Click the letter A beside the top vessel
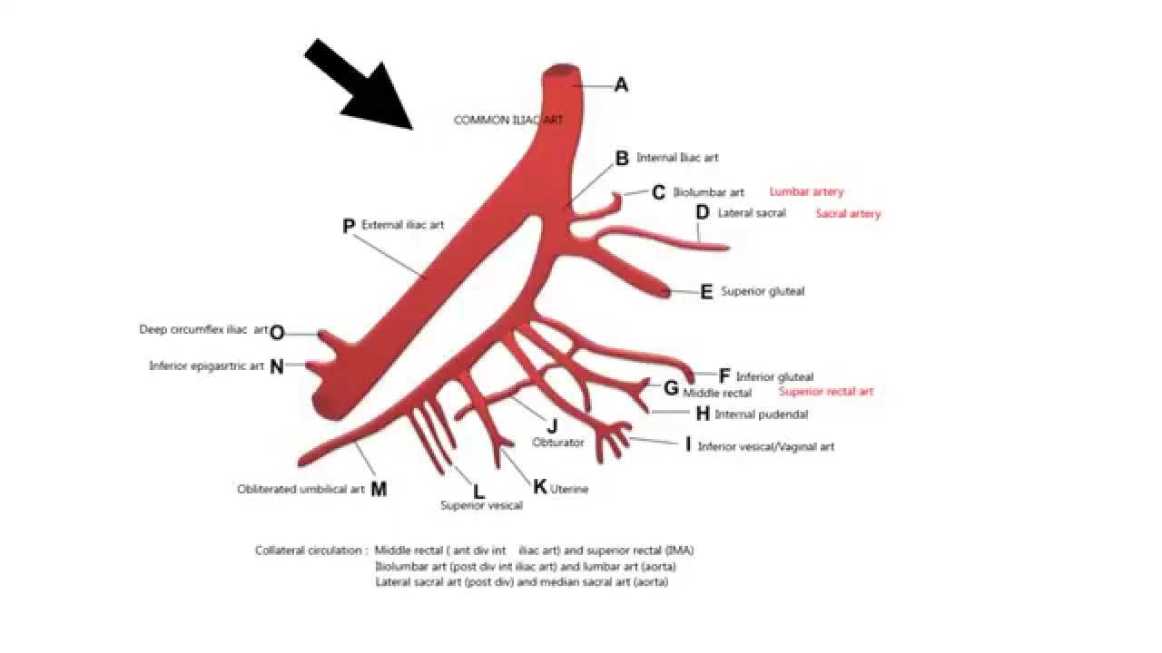621,85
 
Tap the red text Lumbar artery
806,192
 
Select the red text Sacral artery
848,214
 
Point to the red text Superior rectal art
825,392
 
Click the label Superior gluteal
763,292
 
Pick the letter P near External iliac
349,226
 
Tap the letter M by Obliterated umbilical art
379,490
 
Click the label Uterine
569,490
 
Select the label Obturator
557,443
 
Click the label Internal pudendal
761,414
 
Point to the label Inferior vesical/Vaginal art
765,447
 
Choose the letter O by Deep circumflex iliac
277,333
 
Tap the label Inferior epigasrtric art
206,366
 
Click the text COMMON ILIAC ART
507,120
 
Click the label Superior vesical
481,506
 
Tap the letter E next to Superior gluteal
706,292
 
